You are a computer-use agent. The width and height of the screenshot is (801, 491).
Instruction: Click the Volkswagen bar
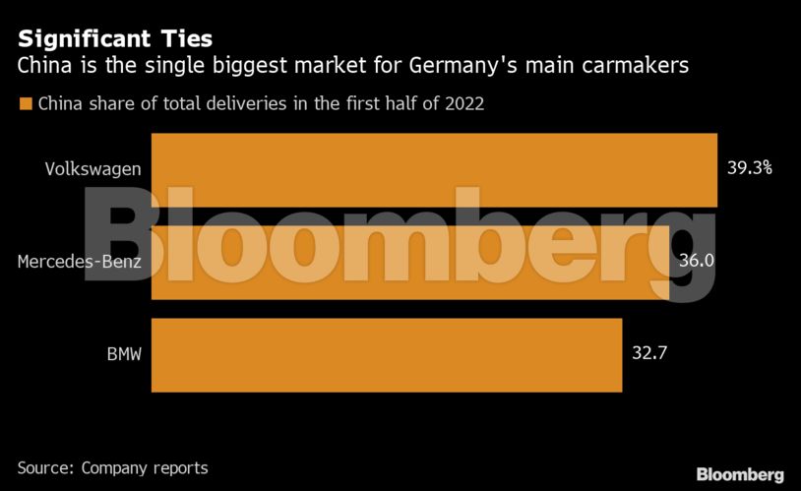433,169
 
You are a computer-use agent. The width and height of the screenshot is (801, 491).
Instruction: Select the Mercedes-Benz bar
410,262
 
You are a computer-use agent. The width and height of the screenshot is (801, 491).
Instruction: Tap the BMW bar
386,354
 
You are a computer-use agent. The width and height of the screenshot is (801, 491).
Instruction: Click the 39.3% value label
749,168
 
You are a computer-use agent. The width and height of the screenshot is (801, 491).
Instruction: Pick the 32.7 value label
650,353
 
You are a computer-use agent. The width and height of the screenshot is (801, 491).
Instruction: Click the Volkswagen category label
92,168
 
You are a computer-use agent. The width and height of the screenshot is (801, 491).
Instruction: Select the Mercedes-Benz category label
80,261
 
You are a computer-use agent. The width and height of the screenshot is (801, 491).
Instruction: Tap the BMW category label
124,353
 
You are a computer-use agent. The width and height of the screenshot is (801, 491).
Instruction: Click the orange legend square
26,103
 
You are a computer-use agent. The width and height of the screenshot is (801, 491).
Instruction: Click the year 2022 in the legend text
463,103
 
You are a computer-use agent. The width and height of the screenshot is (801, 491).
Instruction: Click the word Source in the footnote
44,468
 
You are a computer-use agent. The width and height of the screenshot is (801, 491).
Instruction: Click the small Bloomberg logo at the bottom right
740,474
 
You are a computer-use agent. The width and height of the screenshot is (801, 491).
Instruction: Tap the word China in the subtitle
43,67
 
